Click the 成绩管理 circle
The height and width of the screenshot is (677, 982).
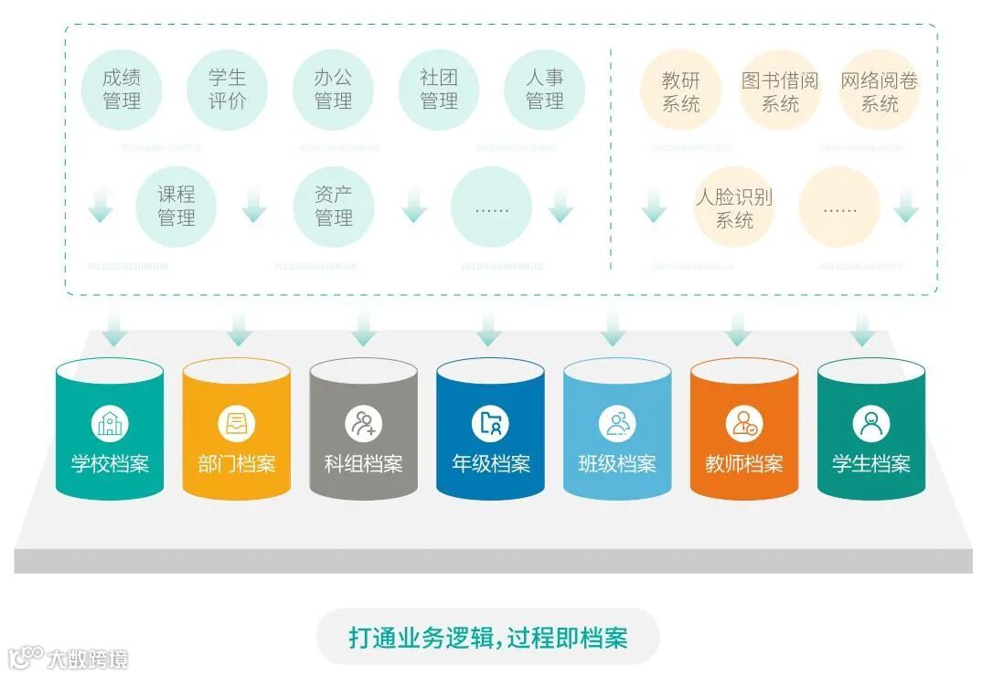tap(122, 89)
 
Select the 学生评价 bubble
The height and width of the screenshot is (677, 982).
tap(227, 89)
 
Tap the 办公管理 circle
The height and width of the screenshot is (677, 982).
tap(333, 89)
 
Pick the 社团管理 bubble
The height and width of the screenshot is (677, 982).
tap(439, 89)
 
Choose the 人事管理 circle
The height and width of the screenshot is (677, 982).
tap(544, 89)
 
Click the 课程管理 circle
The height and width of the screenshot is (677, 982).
tap(176, 206)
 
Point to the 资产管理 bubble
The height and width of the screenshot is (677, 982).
tap(333, 206)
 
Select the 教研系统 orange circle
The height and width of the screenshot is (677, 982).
tap(680, 91)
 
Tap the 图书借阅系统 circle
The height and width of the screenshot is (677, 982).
tap(779, 91)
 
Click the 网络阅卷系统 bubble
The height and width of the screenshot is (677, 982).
tap(879, 91)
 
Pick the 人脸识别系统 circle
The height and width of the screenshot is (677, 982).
tap(734, 208)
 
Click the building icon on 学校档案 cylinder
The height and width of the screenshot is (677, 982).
tap(110, 424)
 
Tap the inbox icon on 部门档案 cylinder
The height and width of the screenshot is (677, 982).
tap(236, 424)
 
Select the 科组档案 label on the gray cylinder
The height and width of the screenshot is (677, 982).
tap(363, 463)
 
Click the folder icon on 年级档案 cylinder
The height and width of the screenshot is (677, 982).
tap(490, 424)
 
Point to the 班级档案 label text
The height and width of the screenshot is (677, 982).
tap(617, 463)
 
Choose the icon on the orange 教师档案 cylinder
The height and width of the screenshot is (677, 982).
tap(743, 424)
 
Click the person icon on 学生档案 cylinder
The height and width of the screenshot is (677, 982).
tap(870, 424)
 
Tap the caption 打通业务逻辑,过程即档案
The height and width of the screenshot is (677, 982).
tap(488, 637)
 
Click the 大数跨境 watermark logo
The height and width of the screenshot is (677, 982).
tap(69, 658)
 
